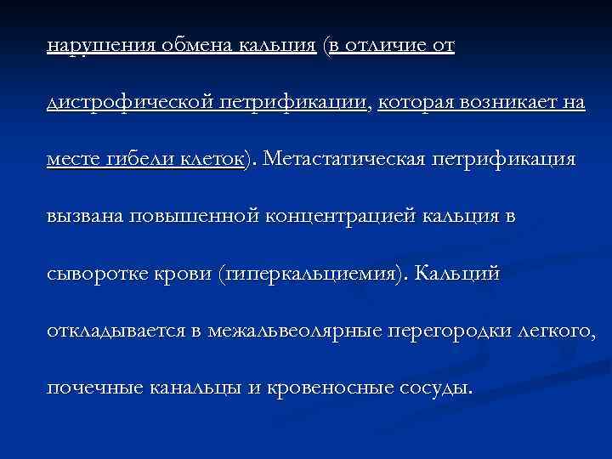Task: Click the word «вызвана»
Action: (x=85, y=217)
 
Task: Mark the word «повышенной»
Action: (x=195, y=217)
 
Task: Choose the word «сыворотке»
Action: (x=94, y=274)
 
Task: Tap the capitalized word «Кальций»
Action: (x=467, y=274)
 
